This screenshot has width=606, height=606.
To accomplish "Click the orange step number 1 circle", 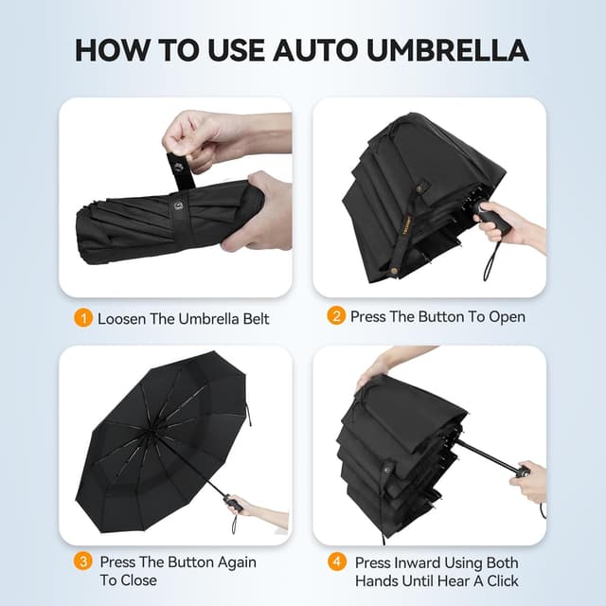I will tap(82, 318).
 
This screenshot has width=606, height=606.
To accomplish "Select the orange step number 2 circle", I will tap(336, 316).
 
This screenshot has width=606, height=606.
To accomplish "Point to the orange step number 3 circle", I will tap(82, 561).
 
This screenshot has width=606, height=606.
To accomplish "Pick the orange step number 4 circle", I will tap(336, 561).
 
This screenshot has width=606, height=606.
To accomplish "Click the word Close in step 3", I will tap(138, 579).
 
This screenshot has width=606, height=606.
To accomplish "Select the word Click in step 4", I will tap(500, 579).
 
